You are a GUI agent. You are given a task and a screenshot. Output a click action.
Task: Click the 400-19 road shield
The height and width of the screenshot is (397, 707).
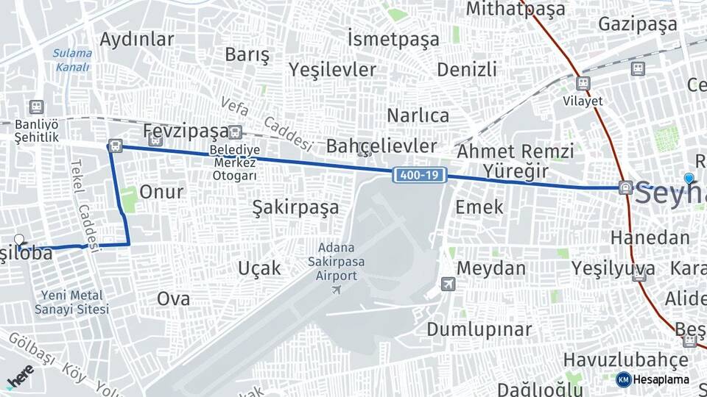(x=420, y=175)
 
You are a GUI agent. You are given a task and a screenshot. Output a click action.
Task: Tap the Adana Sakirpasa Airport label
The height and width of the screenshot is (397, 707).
(x=337, y=262)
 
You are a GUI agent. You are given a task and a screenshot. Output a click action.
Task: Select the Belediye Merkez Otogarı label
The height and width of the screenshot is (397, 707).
(x=234, y=162)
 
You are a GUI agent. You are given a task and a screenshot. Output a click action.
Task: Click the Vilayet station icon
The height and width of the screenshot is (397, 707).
(x=583, y=84)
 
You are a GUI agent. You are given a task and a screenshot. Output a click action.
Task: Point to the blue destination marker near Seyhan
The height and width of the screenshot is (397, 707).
(x=689, y=179)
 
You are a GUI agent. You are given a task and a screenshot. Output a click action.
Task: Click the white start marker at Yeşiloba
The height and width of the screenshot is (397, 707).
(x=19, y=240)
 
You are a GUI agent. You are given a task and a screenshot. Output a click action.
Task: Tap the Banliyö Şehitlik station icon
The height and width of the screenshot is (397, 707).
(x=36, y=107)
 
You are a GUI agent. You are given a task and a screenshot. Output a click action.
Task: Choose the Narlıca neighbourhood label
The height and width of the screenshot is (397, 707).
(x=418, y=115)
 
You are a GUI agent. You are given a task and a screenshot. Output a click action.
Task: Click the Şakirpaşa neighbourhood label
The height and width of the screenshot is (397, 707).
(x=295, y=207)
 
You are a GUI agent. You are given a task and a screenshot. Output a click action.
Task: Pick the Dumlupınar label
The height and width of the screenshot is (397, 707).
(x=479, y=329)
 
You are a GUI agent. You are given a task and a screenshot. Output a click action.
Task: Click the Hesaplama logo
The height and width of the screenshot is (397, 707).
(x=653, y=379)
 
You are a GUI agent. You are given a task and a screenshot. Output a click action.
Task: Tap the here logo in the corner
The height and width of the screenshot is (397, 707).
(x=21, y=376)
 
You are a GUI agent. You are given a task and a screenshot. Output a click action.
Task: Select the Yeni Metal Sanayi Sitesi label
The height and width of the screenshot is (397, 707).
(x=71, y=302)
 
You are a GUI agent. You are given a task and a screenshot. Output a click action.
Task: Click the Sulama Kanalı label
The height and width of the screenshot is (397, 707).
(x=72, y=60)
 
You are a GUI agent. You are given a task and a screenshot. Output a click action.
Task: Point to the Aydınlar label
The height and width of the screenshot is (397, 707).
(x=137, y=39)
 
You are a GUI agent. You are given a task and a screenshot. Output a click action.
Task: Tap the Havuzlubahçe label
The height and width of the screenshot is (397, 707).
(x=626, y=360)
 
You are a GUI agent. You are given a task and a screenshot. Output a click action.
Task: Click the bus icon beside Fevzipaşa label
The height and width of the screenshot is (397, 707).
(x=235, y=132)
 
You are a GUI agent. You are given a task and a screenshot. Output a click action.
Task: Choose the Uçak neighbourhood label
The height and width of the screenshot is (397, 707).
(x=259, y=268)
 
